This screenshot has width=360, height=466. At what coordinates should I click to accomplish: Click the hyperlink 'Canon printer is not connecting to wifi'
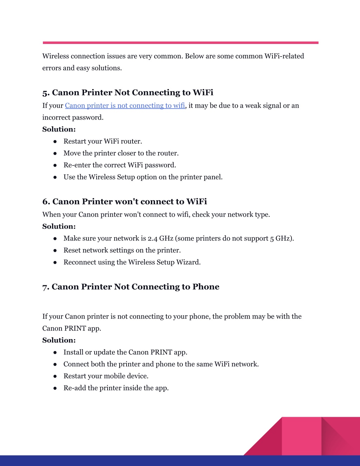[x=125, y=106]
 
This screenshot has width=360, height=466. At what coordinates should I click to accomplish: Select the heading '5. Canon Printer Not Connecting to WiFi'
[x=128, y=92]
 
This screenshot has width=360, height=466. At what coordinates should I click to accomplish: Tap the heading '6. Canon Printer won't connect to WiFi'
[x=124, y=202]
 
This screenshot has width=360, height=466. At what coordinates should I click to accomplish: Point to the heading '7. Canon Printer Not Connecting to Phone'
[x=131, y=287]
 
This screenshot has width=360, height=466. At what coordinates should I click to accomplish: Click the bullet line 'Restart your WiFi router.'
[x=103, y=141]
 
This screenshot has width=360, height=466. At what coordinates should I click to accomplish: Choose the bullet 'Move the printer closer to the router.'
[x=121, y=153]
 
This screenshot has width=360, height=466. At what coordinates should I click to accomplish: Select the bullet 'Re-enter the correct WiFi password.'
[x=120, y=165]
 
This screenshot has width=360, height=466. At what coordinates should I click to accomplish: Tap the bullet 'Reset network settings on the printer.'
[x=122, y=250]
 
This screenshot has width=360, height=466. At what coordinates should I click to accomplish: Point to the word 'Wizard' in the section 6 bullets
[x=188, y=262]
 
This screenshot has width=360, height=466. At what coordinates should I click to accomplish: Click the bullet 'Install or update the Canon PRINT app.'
[x=125, y=352]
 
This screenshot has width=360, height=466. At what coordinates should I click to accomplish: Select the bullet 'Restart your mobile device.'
[x=106, y=376]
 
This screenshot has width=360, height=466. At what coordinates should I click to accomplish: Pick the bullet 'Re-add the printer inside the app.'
[x=116, y=388]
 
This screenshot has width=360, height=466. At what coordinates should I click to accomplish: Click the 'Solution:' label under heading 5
[x=59, y=129]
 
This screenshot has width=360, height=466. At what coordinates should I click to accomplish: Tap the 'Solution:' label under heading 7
[x=59, y=340]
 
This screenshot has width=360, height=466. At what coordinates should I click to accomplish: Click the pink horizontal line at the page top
[x=180, y=43]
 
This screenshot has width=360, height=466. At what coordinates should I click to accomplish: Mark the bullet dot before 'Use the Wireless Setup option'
[x=55, y=177]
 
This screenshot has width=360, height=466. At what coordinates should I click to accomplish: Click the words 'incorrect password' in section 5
[x=72, y=117]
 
